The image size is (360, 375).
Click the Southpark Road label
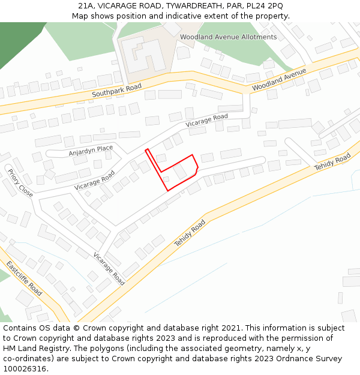[116, 91]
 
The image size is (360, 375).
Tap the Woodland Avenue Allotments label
[229, 37]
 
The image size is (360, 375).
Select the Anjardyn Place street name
[91, 150]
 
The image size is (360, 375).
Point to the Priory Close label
[20, 183]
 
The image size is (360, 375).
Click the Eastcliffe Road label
[25, 278]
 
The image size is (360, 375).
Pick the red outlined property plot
[178, 171]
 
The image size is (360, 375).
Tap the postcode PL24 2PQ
[265, 6]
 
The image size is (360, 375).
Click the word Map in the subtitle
[80, 16]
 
